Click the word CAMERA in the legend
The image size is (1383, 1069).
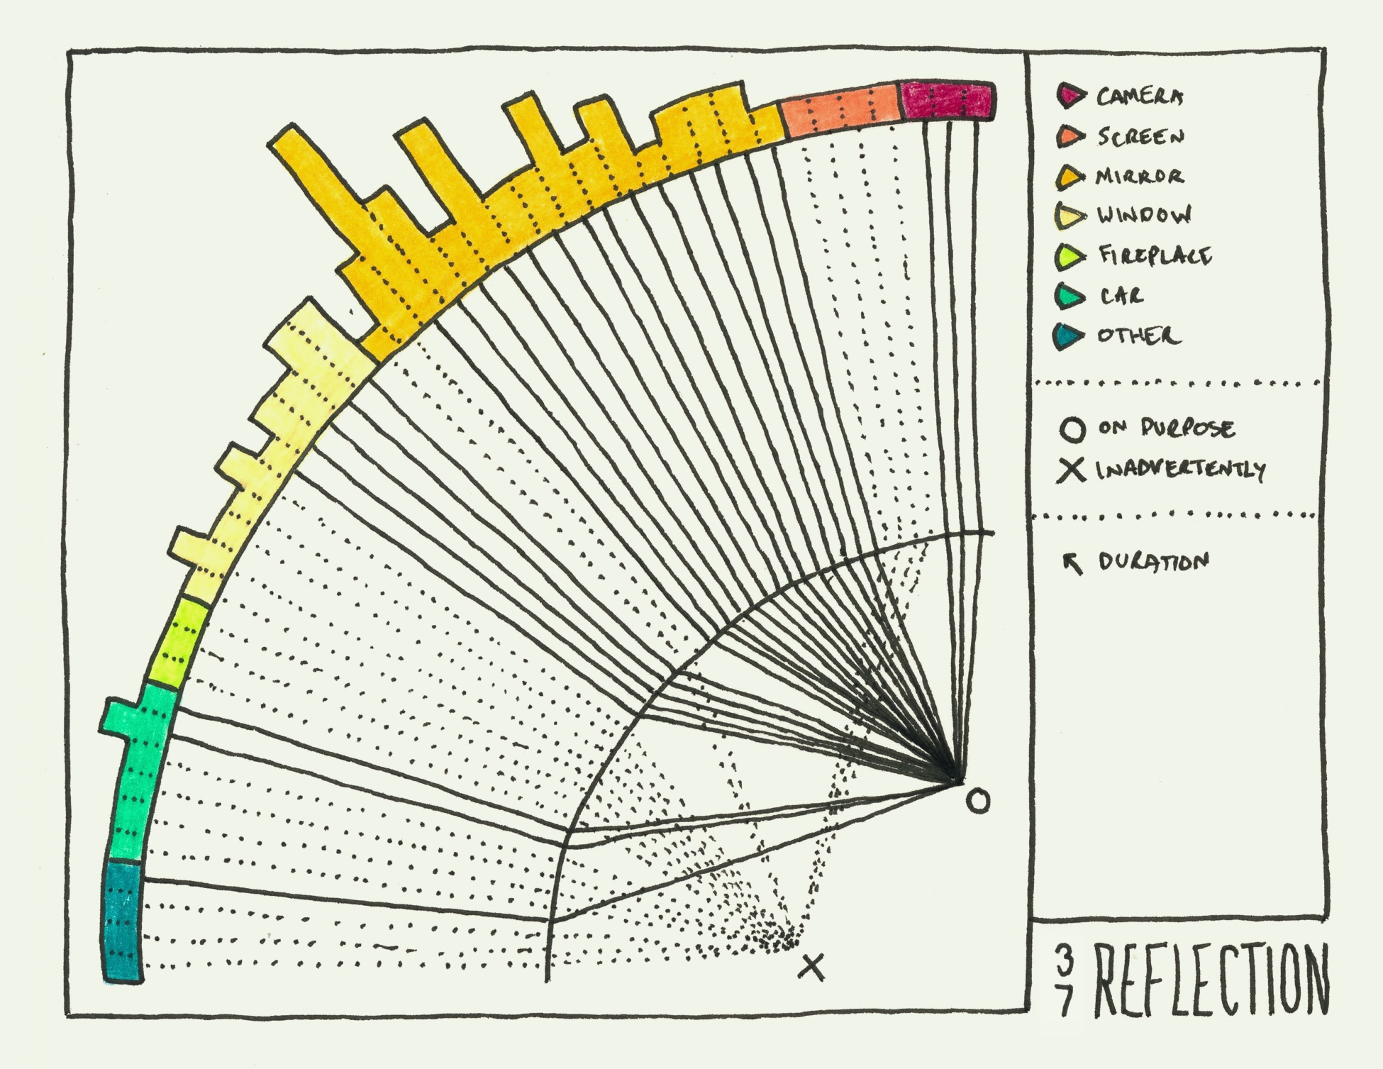point(1140,96)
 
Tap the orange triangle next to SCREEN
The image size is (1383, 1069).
point(1070,136)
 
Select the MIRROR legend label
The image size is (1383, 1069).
point(1140,176)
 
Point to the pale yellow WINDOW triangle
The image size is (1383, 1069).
point(1070,216)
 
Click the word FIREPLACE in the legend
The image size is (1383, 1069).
point(1155,255)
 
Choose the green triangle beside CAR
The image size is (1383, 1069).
point(1070,296)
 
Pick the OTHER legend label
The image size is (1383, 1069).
point(1138,336)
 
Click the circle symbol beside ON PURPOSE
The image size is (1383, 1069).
point(1072,430)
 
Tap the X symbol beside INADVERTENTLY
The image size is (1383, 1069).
point(1071,470)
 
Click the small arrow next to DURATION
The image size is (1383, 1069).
point(1072,563)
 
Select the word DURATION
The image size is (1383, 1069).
point(1153,562)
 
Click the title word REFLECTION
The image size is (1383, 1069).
point(1211,980)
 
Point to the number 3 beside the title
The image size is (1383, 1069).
point(1064,960)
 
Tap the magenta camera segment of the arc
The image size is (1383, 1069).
point(948,101)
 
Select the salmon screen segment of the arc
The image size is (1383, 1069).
point(840,110)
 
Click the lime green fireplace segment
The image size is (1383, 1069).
point(177,642)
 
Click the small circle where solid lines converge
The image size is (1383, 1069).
point(978,802)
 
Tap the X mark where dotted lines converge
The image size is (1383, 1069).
point(813,967)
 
